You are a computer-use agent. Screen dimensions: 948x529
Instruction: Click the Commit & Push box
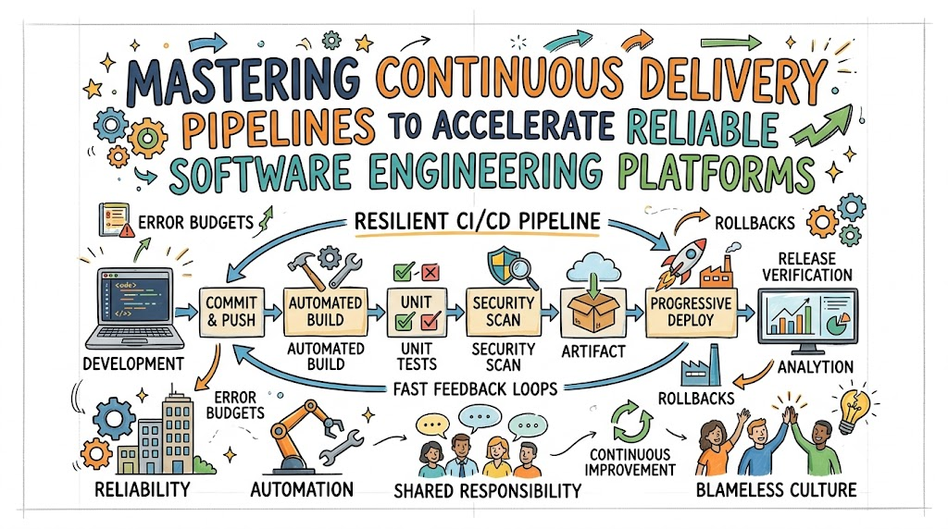click(x=231, y=312)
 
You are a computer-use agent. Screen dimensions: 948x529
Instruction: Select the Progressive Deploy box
click(x=691, y=312)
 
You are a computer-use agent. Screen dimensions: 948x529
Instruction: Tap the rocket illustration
click(x=686, y=262)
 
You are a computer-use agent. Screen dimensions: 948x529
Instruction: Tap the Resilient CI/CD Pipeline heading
click(x=477, y=222)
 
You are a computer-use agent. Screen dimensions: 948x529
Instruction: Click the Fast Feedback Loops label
click(x=475, y=389)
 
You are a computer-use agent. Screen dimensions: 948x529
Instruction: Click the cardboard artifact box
click(x=593, y=313)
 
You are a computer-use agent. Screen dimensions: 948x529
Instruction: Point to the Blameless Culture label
click(x=777, y=490)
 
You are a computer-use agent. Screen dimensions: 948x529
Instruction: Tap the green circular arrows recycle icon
click(x=631, y=422)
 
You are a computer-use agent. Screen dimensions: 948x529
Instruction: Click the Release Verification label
click(x=807, y=267)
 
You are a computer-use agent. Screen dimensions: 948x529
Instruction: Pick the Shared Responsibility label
click(x=487, y=491)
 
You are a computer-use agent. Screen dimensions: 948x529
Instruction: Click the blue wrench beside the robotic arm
click(x=341, y=448)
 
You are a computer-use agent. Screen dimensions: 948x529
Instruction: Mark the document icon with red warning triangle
click(x=116, y=220)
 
